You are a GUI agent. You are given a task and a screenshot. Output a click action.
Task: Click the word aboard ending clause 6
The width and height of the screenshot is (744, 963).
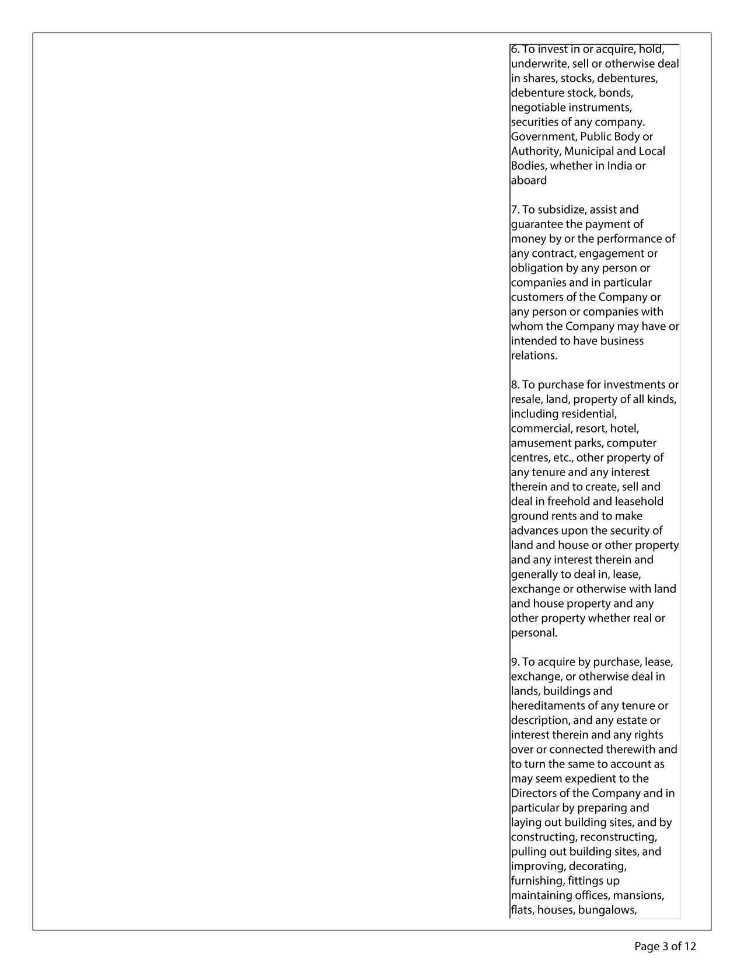529,180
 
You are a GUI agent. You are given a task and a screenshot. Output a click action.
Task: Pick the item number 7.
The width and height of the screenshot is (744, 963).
515,210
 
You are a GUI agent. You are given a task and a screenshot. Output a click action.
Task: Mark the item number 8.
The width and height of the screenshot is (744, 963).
515,385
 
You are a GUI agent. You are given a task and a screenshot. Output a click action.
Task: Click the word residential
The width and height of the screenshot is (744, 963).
589,414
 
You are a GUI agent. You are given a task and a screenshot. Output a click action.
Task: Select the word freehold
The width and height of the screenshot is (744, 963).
571,501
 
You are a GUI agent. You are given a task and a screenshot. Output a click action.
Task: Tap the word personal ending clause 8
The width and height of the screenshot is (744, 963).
534,633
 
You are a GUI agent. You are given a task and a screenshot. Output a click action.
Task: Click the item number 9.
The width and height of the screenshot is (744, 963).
515,662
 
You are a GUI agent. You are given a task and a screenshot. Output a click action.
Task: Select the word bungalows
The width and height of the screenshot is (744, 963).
607,910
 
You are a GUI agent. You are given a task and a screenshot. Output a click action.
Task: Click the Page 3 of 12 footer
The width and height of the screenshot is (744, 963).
665,946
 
